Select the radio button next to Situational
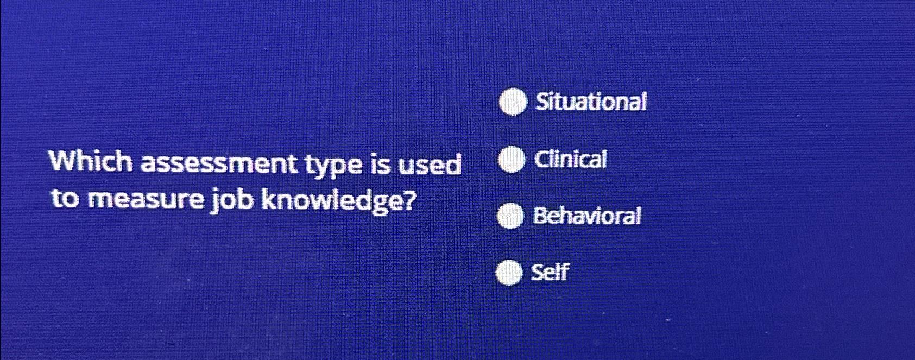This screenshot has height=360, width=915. tap(513, 103)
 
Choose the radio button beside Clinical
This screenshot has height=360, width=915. tap(511, 160)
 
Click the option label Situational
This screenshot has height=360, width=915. tap(591, 102)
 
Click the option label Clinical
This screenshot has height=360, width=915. tap(570, 160)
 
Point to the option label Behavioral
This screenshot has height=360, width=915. tap(587, 216)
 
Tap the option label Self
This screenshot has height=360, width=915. tap(550, 272)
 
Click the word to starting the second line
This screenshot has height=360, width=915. tap(66, 200)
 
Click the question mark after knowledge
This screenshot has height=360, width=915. tap(408, 201)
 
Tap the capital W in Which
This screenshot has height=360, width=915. tap(62, 162)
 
